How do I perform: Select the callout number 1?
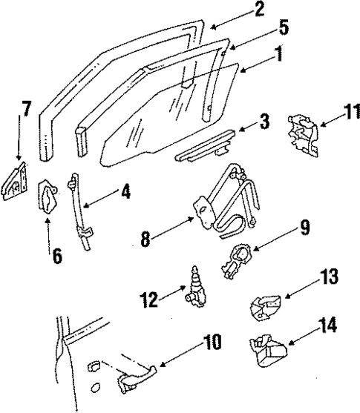[278, 74]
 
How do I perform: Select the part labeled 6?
[49, 199]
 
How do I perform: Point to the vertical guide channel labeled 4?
[79, 211]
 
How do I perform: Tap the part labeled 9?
[236, 260]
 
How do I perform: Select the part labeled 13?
[267, 305]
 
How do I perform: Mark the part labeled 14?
[267, 350]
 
